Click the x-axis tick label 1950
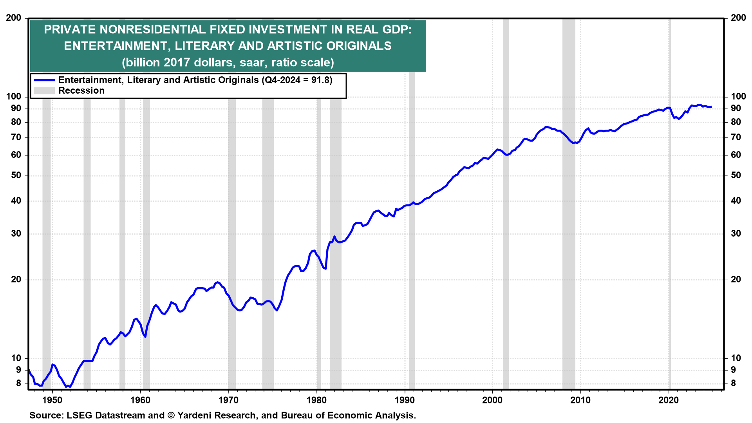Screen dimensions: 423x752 click(52, 400)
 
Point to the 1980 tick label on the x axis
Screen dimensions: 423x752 click(316, 400)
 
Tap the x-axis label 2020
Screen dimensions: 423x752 click(669, 400)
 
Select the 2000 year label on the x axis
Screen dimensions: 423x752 click(492, 400)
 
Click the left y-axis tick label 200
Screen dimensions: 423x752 click(14, 18)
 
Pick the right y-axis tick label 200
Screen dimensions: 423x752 click(738, 18)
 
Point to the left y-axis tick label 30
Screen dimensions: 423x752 click(16, 234)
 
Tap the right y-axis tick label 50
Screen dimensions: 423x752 click(736, 175)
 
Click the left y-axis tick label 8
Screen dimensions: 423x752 click(18, 384)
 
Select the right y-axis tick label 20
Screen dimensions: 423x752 click(736, 280)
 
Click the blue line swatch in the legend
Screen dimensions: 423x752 click(44, 80)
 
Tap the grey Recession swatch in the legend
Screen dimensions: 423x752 click(44, 91)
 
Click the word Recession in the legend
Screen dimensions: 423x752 click(81, 91)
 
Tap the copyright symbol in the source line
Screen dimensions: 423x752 click(171, 416)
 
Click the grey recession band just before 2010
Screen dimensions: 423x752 click(569, 235)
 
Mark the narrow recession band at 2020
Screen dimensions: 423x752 click(670, 235)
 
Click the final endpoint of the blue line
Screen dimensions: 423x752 click(711, 107)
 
